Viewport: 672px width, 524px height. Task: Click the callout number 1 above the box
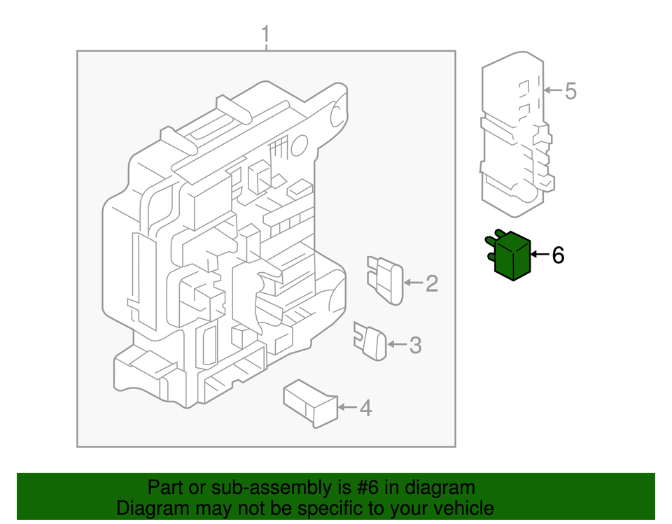point(265,34)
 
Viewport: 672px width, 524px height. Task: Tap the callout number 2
point(432,283)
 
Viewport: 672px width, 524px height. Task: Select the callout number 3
point(415,345)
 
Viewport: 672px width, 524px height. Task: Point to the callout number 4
point(365,408)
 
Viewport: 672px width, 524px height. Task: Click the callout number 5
point(570,91)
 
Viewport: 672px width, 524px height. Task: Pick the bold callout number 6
point(558,255)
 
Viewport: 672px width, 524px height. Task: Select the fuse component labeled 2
point(385,280)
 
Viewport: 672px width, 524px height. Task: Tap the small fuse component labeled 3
point(371,341)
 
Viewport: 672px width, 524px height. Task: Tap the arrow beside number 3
point(397,344)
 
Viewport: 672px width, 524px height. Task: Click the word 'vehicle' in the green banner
point(459,508)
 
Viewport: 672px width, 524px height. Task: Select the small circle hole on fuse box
point(299,145)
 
